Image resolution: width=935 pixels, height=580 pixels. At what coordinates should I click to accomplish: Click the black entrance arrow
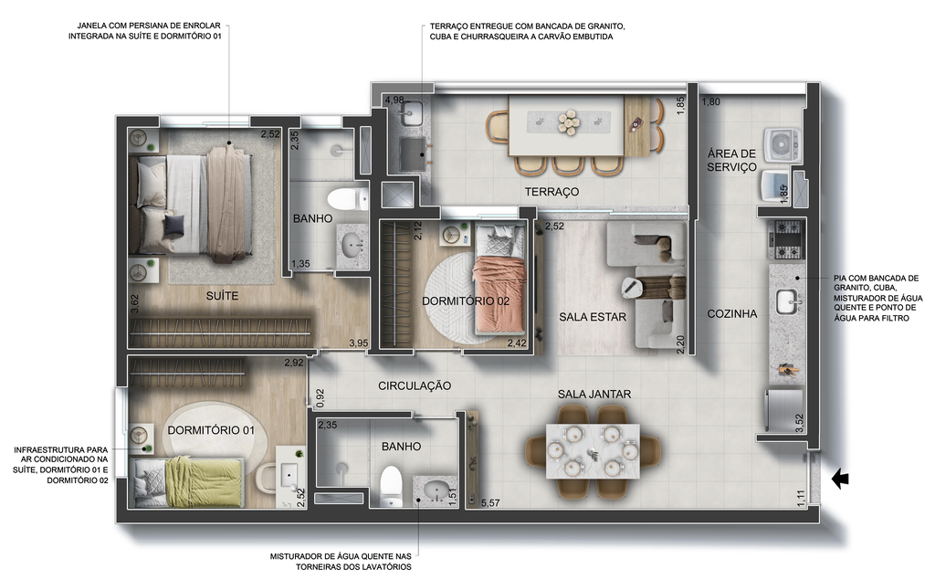pos(840,479)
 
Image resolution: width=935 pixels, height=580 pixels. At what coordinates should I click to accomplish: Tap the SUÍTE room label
pos(223,296)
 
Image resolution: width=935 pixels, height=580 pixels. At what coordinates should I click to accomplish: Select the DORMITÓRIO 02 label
pos(466,301)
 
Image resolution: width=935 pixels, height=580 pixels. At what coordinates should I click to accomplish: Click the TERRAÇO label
pos(552,192)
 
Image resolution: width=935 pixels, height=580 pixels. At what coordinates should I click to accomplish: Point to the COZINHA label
pos(731,314)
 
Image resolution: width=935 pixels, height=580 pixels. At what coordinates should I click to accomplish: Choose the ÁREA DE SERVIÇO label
pos(731,161)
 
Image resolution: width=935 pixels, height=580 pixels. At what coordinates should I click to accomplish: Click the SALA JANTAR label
pos(594,395)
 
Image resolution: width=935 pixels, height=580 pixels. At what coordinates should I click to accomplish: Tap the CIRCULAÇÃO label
pos(415,386)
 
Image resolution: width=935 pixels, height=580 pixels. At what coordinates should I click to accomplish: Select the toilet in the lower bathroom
pos(391,486)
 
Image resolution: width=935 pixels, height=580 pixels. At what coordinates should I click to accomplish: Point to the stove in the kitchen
pos(786,240)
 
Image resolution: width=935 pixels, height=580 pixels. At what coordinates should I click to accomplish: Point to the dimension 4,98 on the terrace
pos(394,100)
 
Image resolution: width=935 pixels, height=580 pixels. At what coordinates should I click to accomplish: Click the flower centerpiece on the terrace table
pos(568,122)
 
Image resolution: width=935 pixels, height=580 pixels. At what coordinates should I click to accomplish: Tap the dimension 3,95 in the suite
pos(359,343)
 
